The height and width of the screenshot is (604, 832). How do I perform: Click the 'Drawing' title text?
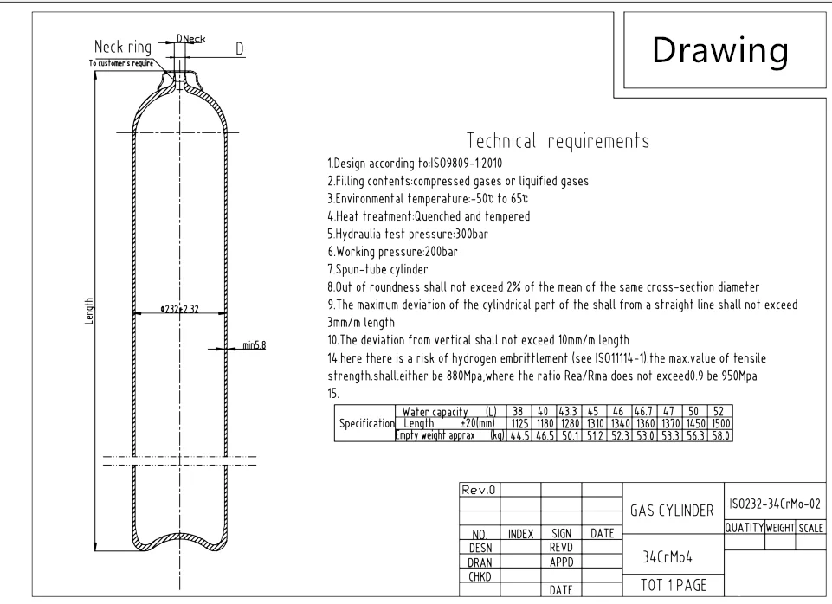coord(720,50)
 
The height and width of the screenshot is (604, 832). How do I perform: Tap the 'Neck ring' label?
coord(123,47)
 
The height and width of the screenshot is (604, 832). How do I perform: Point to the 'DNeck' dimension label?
coord(191,39)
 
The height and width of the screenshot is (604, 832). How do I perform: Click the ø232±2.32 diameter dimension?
coord(180,309)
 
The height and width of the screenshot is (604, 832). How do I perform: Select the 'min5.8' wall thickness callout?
coord(255,345)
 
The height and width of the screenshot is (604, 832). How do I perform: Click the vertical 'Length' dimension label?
coord(88,311)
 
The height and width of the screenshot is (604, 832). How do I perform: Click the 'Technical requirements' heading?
coord(558,141)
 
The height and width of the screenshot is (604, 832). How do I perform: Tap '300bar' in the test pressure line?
coord(472,234)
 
